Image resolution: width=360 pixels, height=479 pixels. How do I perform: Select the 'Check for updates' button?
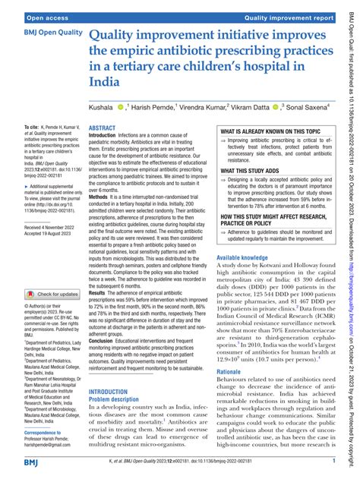pyautogui.click(x=53, y=271)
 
